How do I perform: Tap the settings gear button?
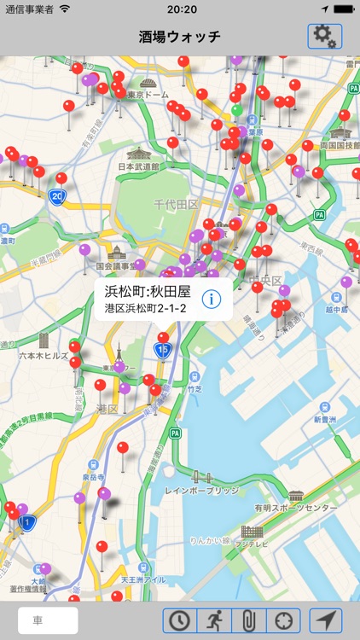pos(325,36)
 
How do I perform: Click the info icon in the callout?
pos(212,299)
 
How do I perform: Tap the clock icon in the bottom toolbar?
pos(180,620)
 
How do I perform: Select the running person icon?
pos(214,620)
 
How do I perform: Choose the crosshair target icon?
pos(283,620)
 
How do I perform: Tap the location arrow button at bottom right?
pos(326,620)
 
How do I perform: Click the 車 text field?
pos(48,620)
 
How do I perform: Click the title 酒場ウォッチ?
pos(180,36)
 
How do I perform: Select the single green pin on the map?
pos(236,110)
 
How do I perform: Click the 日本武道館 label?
pos(138,166)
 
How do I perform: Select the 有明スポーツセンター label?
pos(302,509)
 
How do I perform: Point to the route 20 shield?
pos(56,196)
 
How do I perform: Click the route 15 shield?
pos(163,349)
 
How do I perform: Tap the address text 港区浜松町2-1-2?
pos(145,308)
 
